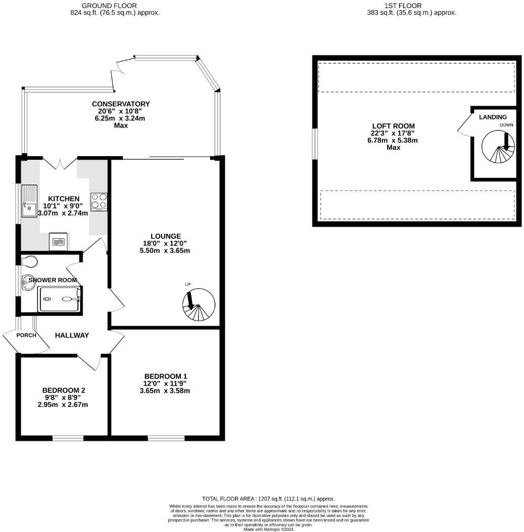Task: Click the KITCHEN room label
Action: (63, 198)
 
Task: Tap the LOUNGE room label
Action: (165, 236)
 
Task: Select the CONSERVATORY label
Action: (120, 104)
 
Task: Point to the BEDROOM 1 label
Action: (165, 376)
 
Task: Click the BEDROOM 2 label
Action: (63, 390)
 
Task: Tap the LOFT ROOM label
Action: (386, 126)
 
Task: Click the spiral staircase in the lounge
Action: (199, 305)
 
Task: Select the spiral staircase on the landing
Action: (498, 147)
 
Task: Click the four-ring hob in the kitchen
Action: (99, 202)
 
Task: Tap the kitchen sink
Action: (29, 201)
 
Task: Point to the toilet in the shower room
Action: (30, 261)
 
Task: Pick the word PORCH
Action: (26, 336)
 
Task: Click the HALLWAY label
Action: (72, 336)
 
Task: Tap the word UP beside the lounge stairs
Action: (188, 285)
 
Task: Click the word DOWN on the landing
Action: (506, 124)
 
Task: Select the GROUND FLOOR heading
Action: (115, 6)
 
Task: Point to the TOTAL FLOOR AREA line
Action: (268, 498)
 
